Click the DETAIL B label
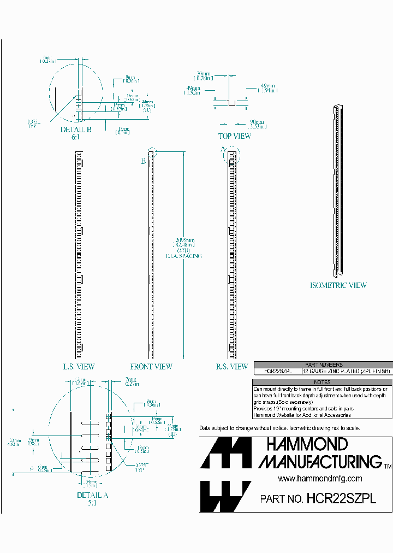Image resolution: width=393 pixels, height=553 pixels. tap(76, 130)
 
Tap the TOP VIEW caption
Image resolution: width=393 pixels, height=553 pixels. tap(235, 136)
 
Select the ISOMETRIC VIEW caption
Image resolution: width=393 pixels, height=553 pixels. tap(338, 285)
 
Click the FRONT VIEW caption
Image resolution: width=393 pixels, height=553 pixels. tap(151, 367)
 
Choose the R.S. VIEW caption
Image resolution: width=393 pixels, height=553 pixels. tap(232, 367)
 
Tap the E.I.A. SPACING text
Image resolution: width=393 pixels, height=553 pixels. tap(183, 256)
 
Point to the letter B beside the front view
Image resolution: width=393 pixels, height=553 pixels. tap(144, 161)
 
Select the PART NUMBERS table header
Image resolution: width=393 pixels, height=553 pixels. tap(322, 364)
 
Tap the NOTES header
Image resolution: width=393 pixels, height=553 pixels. tap(322, 383)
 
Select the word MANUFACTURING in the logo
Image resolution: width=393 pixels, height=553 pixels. tap(320, 462)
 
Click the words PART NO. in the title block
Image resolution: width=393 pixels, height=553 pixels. tap(282, 499)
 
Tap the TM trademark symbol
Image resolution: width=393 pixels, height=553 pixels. tap(388, 466)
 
